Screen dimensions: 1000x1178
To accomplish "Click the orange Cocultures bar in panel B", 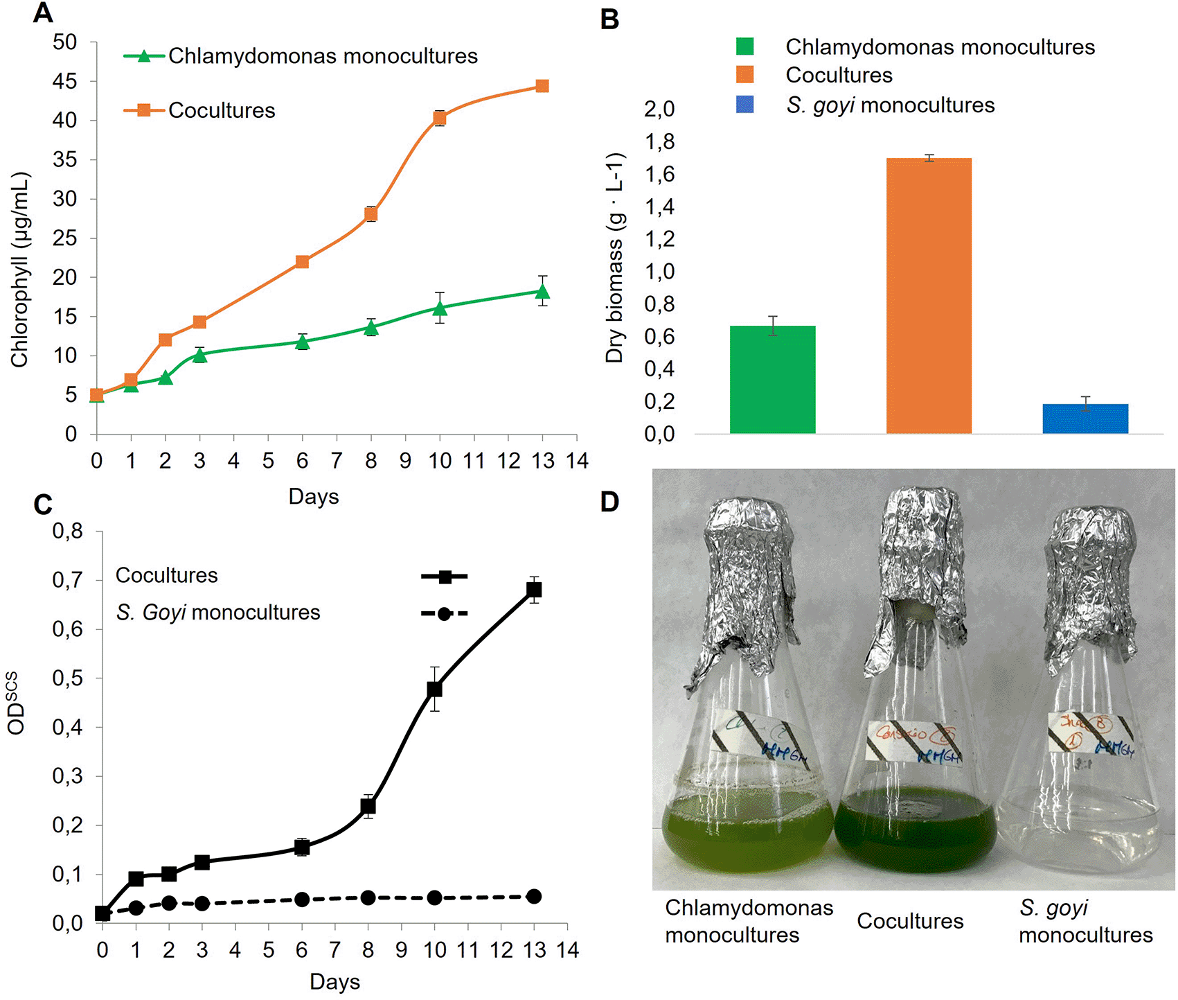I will (x=929, y=296).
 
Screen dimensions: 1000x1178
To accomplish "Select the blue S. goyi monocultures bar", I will (x=1085, y=419).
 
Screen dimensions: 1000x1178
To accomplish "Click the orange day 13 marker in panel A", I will (x=542, y=86).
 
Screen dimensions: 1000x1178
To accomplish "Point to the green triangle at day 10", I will (x=440, y=308).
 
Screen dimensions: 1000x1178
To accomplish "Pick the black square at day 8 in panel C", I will (x=368, y=807).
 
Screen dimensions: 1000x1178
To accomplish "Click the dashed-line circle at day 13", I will (x=534, y=896).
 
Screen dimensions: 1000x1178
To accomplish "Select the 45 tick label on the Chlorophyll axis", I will (x=64, y=82).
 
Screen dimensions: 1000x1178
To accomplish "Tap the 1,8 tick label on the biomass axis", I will (x=659, y=142).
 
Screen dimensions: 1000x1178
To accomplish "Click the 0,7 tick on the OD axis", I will (x=67, y=581).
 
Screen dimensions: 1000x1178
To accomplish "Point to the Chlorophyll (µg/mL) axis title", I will (x=19, y=270).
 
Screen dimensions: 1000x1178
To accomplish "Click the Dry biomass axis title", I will (x=615, y=258).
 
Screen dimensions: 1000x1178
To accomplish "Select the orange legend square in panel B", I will (x=745, y=75).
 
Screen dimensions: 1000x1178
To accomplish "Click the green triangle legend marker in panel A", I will (x=144, y=56).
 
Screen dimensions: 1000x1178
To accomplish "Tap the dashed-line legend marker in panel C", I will (x=445, y=613).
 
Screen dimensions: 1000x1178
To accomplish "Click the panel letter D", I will (x=609, y=502).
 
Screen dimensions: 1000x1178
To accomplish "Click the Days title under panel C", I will (x=334, y=981).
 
